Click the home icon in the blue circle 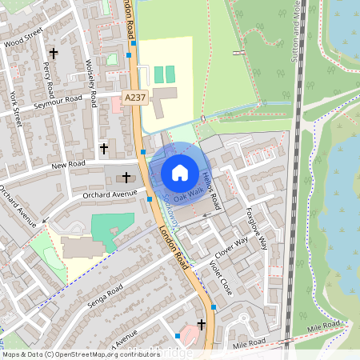pyautogui.click(x=180, y=172)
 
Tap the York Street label pyautogui.click(x=16, y=110)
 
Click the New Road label pyautogui.click(x=68, y=165)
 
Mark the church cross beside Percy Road pyautogui.click(x=54, y=54)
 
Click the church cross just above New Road pyautogui.click(x=103, y=148)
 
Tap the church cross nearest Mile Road pyautogui.click(x=201, y=324)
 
